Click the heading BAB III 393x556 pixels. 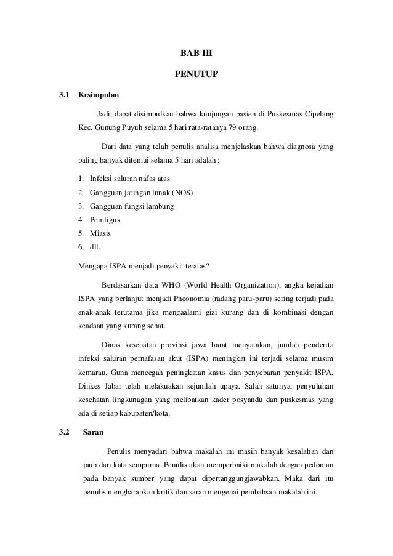(x=197, y=55)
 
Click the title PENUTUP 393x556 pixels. (x=197, y=75)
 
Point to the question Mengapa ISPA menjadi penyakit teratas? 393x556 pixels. (x=144, y=267)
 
